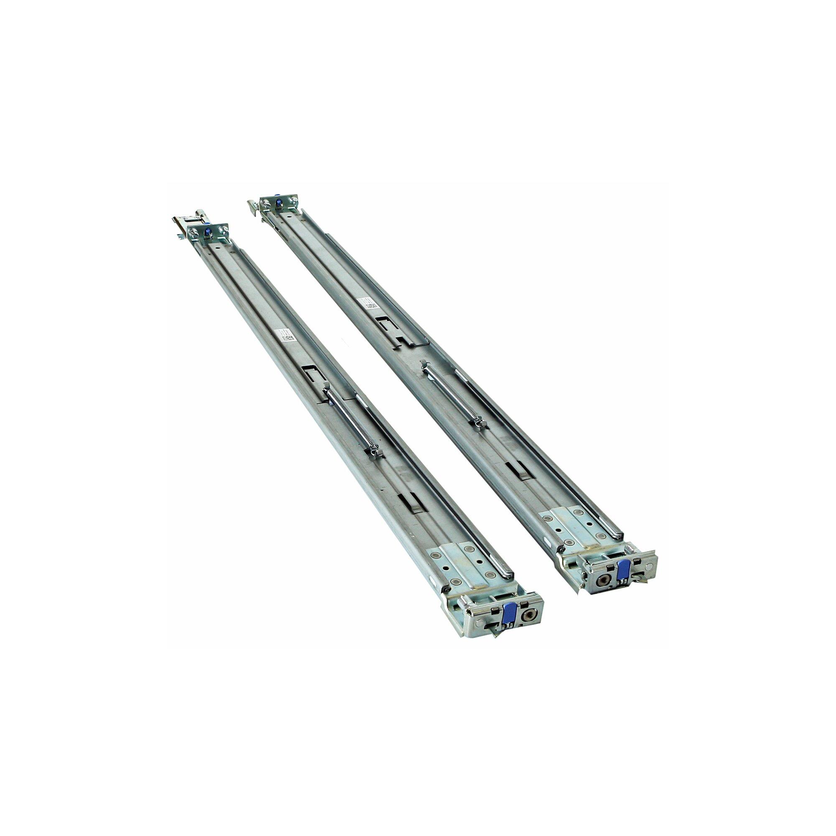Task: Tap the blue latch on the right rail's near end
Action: point(624,570)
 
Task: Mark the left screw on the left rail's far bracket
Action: point(195,234)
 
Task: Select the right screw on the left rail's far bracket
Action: point(223,229)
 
